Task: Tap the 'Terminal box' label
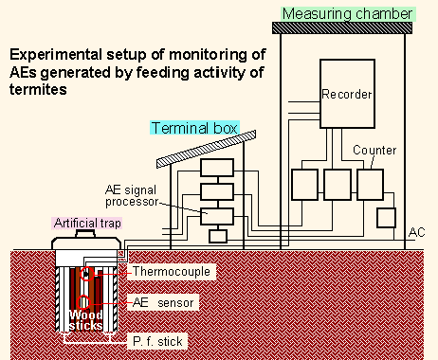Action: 193,128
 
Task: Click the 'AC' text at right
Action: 417,233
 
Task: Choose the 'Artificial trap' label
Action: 82,224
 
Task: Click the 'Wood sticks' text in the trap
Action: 83,322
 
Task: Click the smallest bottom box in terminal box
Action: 218,236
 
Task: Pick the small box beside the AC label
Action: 385,217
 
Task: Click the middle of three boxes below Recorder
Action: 338,184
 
